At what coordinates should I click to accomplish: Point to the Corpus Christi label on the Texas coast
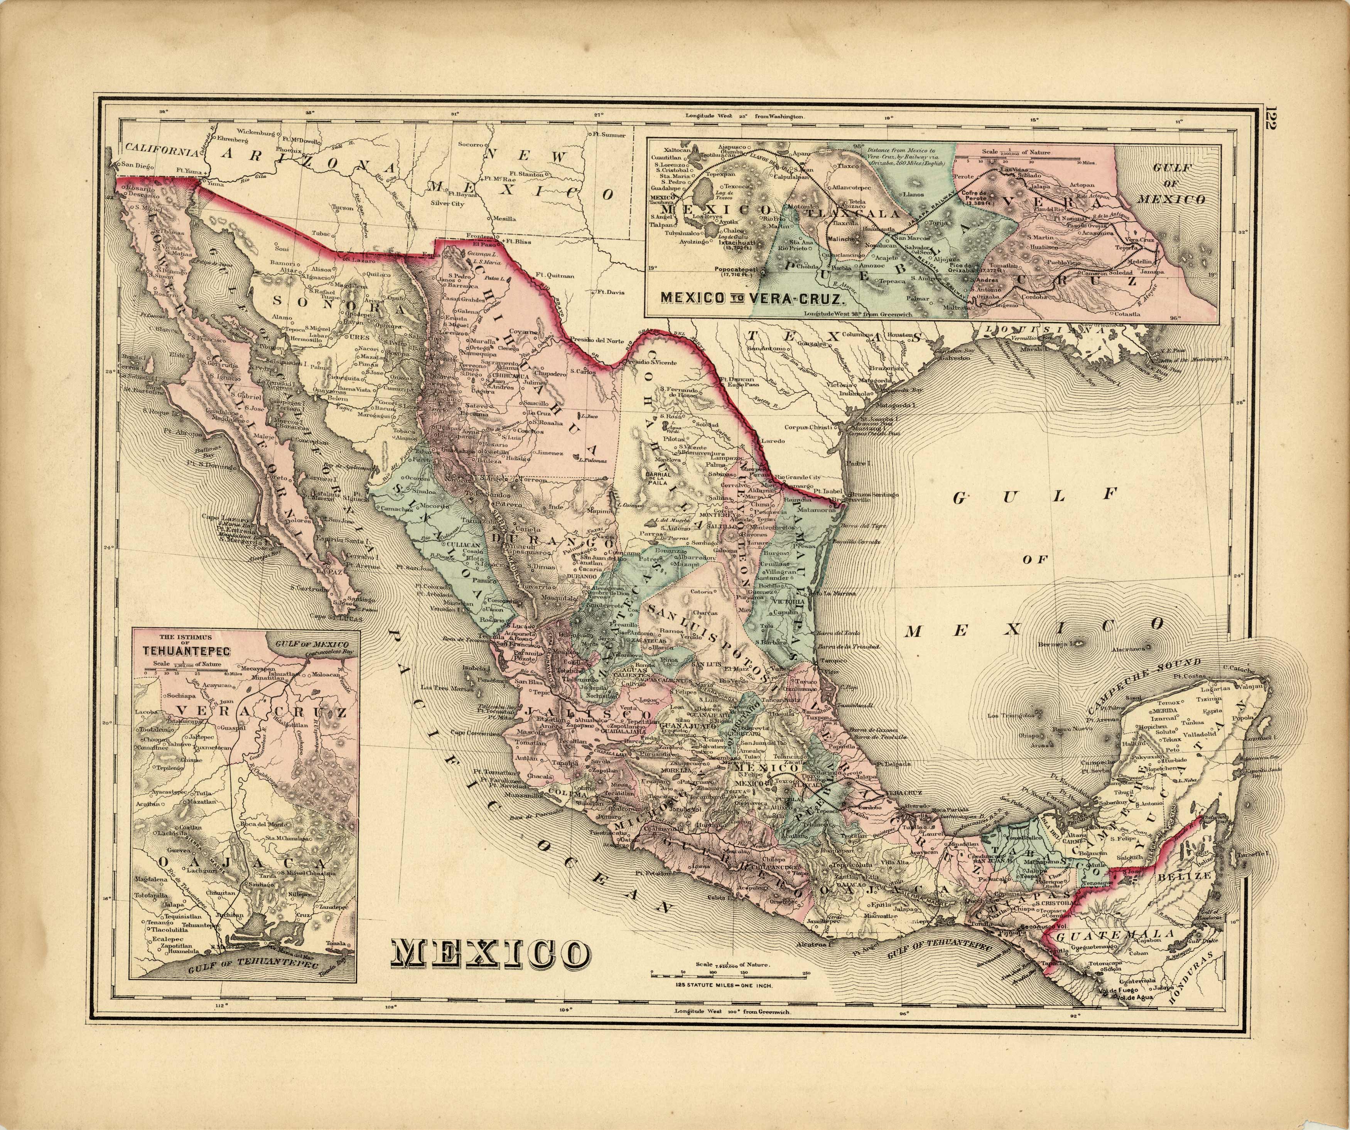(809, 427)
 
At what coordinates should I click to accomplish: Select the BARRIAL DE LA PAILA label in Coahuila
(657, 477)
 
